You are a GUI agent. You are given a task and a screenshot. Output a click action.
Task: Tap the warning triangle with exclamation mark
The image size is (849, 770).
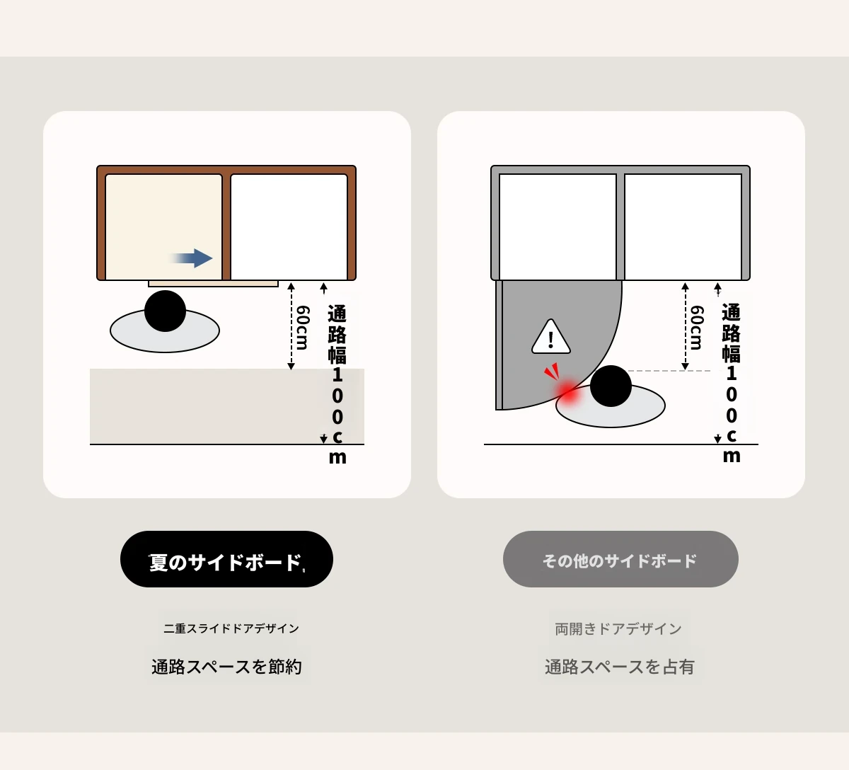[x=550, y=337]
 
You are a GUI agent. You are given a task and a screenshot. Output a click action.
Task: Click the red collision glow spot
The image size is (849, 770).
[x=569, y=392]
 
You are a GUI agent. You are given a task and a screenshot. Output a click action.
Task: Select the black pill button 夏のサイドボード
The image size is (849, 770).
[x=226, y=558]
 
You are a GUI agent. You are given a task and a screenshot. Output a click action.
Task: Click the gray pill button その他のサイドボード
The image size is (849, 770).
[x=620, y=558]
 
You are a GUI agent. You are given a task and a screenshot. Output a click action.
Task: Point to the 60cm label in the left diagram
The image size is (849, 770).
[x=302, y=328]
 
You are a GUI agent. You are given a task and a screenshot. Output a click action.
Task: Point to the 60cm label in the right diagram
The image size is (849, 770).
[x=696, y=328]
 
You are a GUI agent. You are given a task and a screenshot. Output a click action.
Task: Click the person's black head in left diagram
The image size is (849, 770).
[x=165, y=311]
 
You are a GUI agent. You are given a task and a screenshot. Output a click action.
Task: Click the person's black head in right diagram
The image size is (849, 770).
[x=611, y=386]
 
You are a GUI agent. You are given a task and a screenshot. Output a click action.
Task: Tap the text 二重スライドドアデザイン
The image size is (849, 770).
[x=231, y=628]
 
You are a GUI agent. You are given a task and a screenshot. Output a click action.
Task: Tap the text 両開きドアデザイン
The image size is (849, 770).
[x=618, y=629]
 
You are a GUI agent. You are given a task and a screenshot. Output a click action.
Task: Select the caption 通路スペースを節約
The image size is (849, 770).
[x=226, y=667]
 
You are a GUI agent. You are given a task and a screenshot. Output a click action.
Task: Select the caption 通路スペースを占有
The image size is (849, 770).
[x=620, y=667]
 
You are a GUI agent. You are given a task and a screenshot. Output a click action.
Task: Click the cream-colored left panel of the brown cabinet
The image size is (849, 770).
[x=164, y=227]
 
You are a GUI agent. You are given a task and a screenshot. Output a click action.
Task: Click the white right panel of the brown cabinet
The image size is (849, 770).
[x=289, y=227]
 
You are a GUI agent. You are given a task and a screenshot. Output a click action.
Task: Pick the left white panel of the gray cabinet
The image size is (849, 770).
[x=558, y=227]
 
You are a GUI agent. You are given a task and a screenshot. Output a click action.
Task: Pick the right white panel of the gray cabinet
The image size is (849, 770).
[x=683, y=227]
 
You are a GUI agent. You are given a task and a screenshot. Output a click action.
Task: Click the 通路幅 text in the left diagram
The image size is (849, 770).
[x=337, y=335]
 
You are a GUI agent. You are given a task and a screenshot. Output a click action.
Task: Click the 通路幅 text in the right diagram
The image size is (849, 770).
[x=732, y=333]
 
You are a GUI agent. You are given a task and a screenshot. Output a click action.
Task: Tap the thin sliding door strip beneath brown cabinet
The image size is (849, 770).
[x=213, y=283]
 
